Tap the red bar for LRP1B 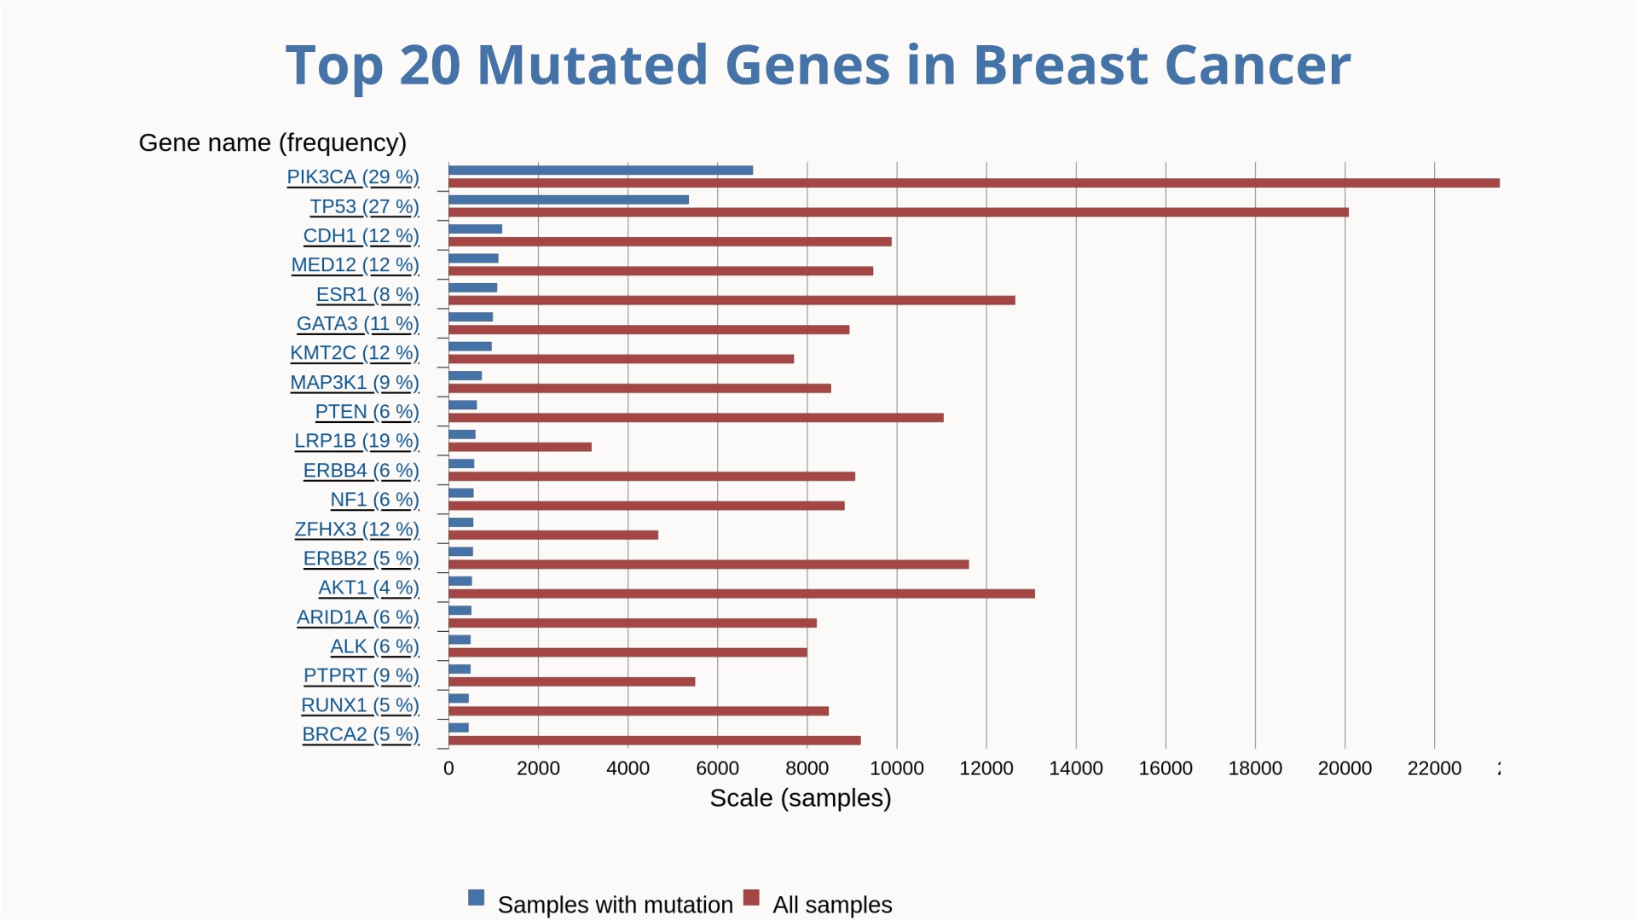click(520, 447)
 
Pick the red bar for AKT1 click(742, 594)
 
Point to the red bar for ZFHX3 click(553, 536)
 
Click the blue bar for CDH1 click(475, 229)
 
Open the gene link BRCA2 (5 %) click(361, 734)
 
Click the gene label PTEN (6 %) click(367, 412)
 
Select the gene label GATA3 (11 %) click(358, 324)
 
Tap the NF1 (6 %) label click(374, 500)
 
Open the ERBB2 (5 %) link click(361, 559)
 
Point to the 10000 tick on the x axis click(896, 768)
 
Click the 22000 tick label click(1434, 768)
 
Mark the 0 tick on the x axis click(448, 768)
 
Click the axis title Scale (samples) click(800, 798)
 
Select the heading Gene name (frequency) click(273, 142)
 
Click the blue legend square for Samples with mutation click(476, 898)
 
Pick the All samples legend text click(832, 905)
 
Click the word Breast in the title click(1060, 65)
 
